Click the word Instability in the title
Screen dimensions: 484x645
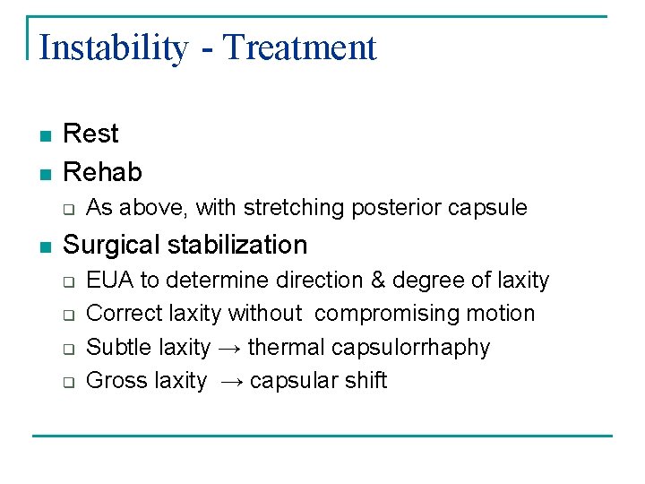114,48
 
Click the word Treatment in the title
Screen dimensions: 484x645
300,48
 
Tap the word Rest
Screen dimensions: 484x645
90,134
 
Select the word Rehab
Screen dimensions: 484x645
102,171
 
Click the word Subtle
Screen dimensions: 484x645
119,347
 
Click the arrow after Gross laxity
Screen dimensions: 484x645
228,381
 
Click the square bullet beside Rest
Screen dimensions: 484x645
45,135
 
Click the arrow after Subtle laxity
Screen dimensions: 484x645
228,348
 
